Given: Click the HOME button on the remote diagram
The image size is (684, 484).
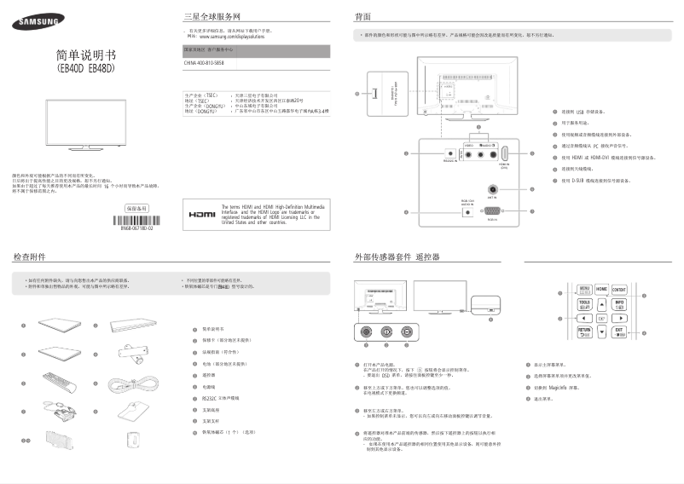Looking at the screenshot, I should point(601,290).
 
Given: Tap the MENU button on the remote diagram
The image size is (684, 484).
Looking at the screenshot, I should point(584,290).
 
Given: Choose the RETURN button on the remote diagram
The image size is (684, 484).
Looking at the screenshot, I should point(584,331).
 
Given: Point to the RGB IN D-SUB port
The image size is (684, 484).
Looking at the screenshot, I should point(492,210).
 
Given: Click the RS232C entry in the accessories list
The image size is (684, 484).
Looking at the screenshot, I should point(223,397).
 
